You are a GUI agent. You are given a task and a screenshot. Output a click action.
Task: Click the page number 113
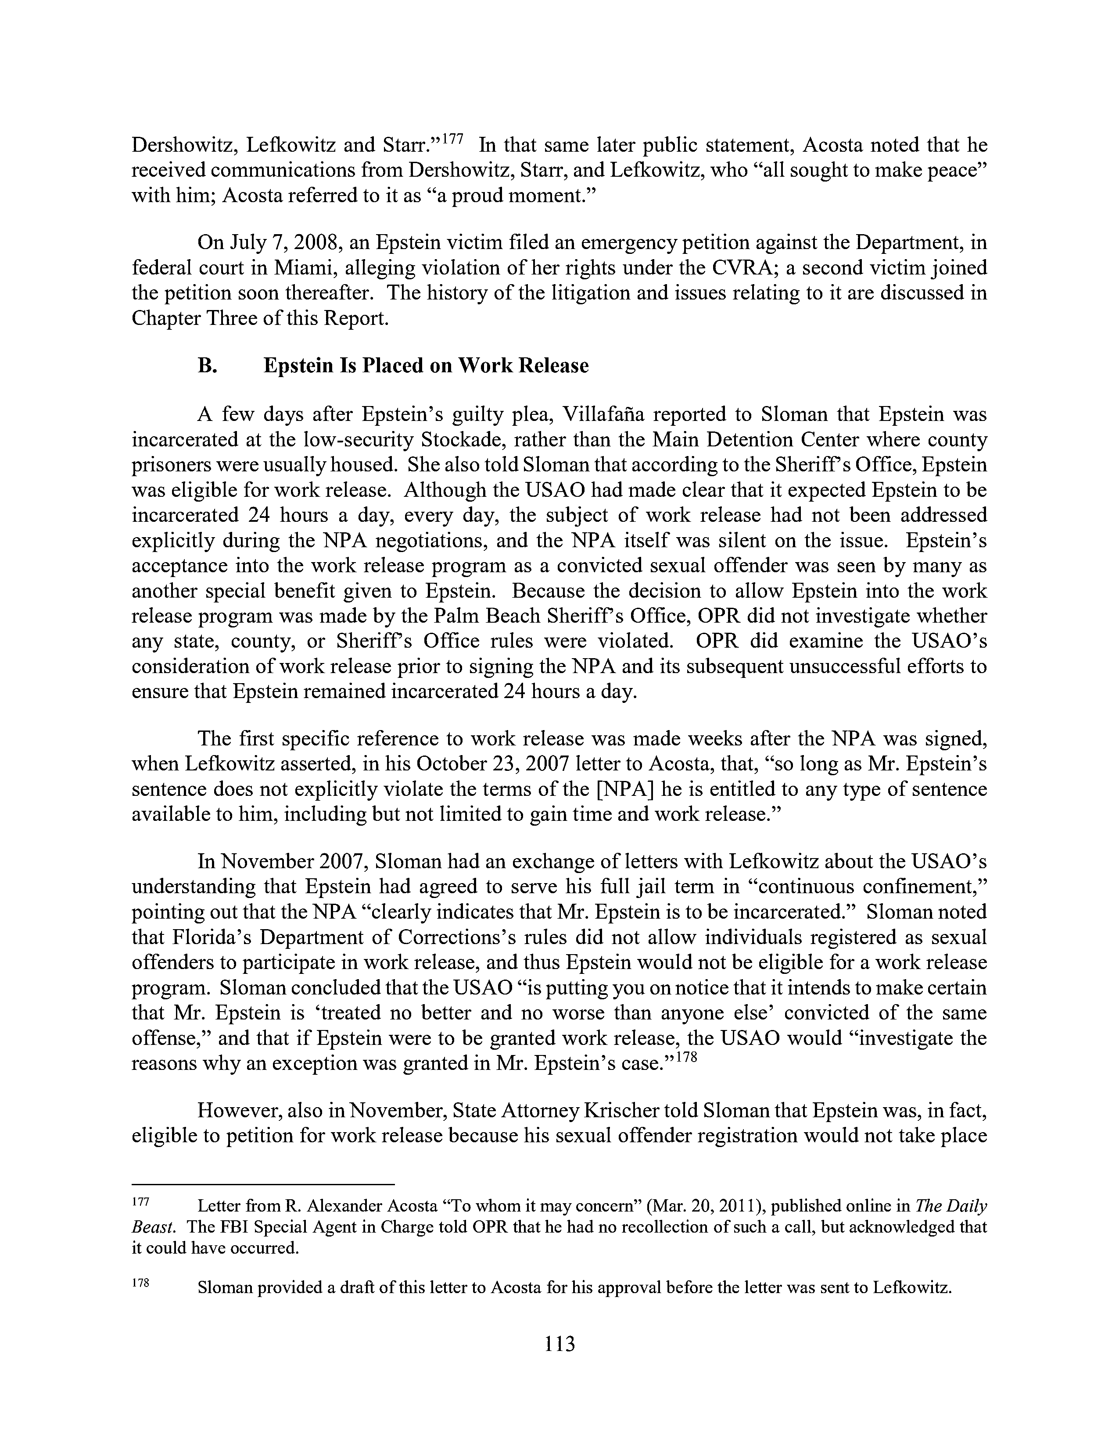pos(559,1343)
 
